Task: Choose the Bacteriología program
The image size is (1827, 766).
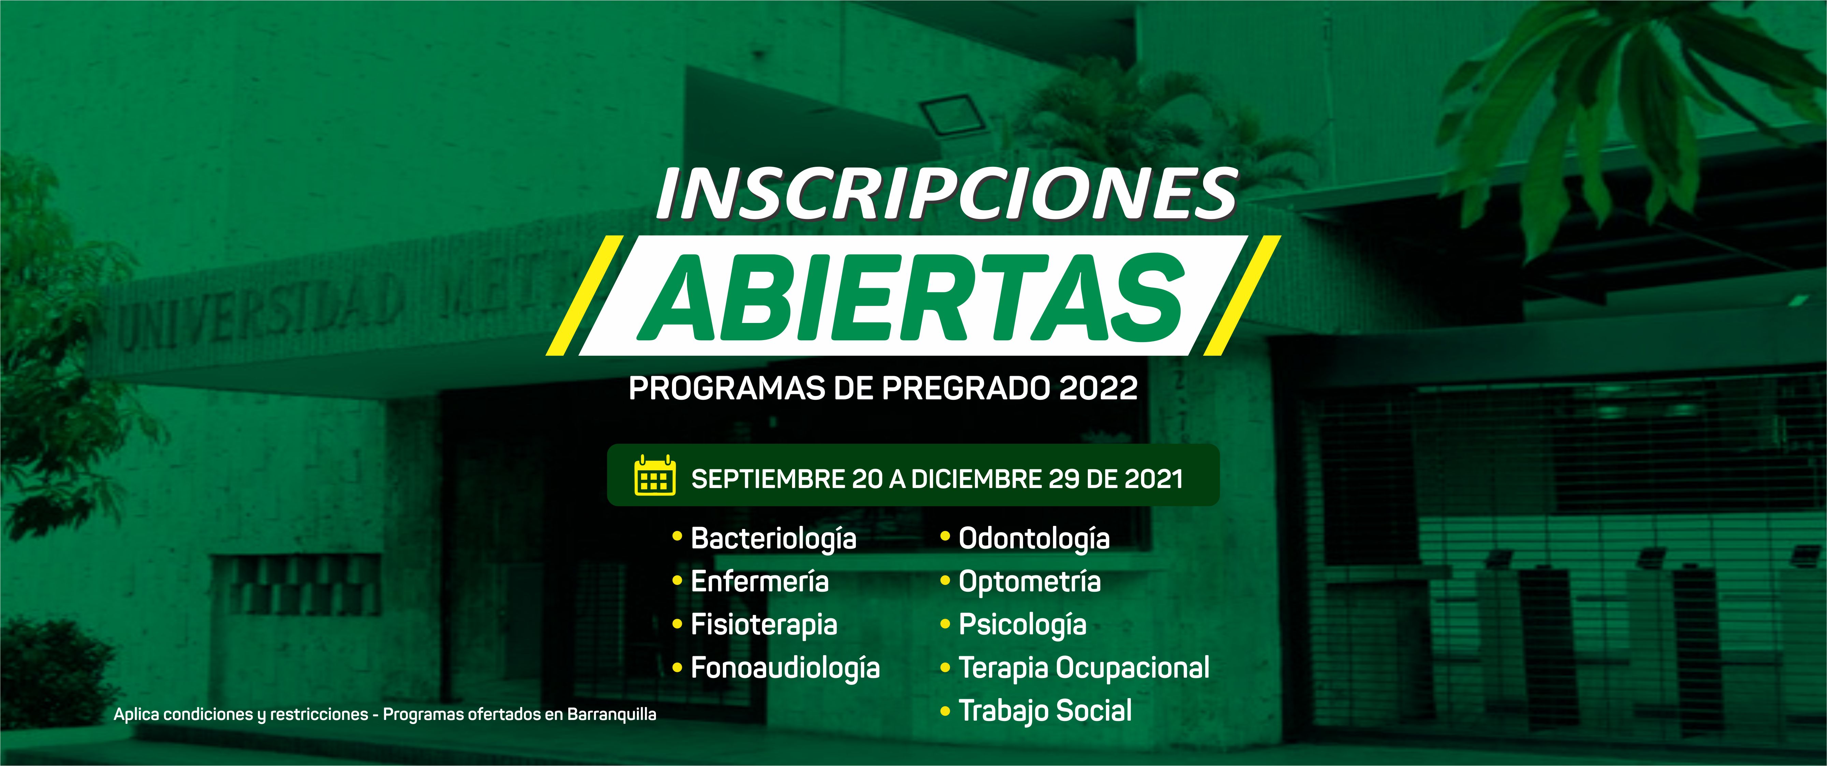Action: (x=773, y=539)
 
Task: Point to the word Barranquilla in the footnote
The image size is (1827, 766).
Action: (x=611, y=714)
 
